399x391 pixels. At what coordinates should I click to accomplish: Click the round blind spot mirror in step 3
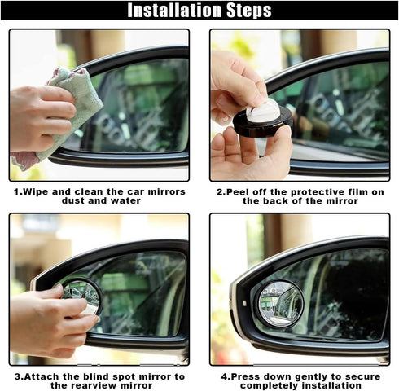pos(81,294)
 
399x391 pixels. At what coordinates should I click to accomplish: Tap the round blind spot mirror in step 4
pos(280,301)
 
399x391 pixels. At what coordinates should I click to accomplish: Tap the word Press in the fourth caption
pos(245,376)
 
